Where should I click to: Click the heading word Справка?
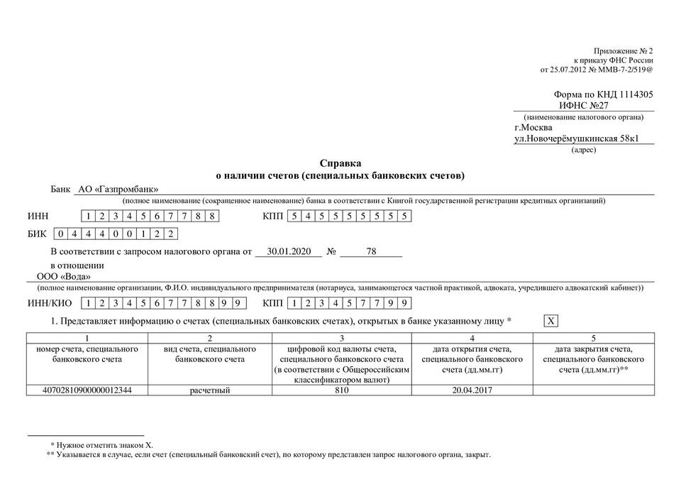pyautogui.click(x=340, y=163)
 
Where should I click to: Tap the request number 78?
pyautogui.click(x=371, y=251)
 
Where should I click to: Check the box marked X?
pyautogui.click(x=550, y=322)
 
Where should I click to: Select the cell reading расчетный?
pyautogui.click(x=210, y=390)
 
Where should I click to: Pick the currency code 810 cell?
pyautogui.click(x=341, y=390)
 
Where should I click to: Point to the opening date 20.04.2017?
pyautogui.click(x=472, y=390)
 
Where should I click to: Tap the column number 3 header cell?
pyautogui.click(x=341, y=338)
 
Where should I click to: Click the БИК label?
pyautogui.click(x=38, y=234)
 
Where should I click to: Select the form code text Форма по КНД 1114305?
pyautogui.click(x=603, y=94)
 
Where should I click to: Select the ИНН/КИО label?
pyautogui.click(x=49, y=303)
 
